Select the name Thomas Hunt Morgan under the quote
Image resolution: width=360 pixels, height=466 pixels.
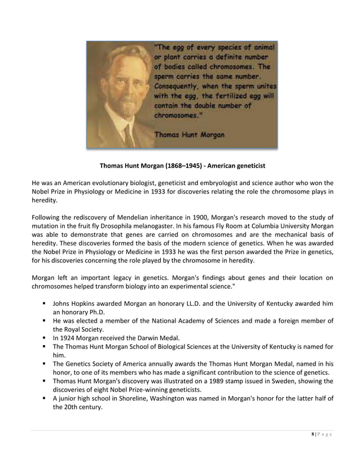[189, 135]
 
